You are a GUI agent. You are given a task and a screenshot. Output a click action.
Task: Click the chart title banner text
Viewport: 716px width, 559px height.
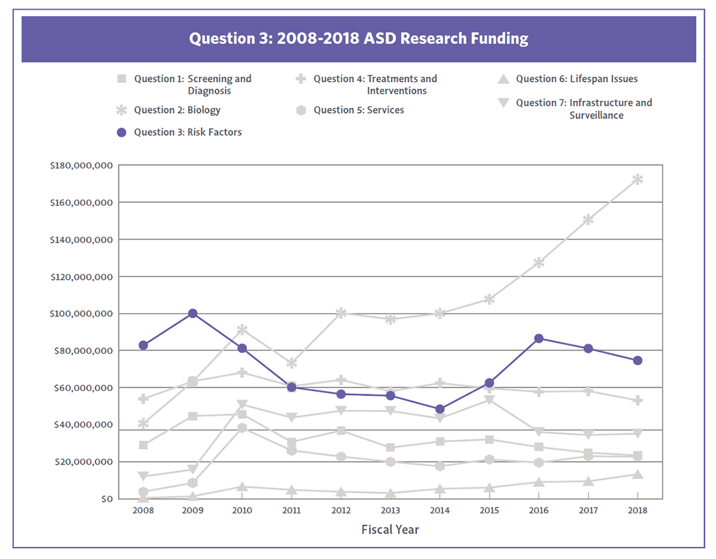pyautogui.click(x=359, y=38)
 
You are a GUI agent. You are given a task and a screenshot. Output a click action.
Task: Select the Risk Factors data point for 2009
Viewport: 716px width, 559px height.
pyautogui.click(x=193, y=314)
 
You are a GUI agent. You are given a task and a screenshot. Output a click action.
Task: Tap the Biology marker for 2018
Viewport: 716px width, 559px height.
pyautogui.click(x=638, y=180)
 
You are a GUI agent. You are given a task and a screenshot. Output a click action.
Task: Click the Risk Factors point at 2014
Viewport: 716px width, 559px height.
pyautogui.click(x=440, y=409)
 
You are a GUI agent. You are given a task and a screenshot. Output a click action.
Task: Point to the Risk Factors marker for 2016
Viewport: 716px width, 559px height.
pyautogui.click(x=539, y=338)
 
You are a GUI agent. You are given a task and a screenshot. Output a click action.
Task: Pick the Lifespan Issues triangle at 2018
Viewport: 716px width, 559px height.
pyautogui.click(x=638, y=474)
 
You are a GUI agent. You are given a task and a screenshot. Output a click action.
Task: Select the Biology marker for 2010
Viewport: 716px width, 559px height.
pyautogui.click(x=242, y=330)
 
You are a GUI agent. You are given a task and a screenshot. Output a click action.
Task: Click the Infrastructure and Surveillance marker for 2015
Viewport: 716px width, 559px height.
pyautogui.click(x=489, y=400)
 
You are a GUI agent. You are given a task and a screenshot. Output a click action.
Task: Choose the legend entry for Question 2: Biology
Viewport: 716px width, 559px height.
pyautogui.click(x=177, y=110)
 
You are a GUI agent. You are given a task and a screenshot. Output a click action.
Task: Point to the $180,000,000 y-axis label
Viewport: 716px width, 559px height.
pyautogui.click(x=81, y=166)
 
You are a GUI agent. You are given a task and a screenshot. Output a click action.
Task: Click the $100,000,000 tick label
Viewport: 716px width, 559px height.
pyautogui.click(x=81, y=314)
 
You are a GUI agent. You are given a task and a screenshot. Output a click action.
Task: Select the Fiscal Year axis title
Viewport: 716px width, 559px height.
pyautogui.click(x=390, y=530)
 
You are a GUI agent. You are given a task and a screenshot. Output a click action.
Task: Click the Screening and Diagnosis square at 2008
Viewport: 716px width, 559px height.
pyautogui.click(x=143, y=445)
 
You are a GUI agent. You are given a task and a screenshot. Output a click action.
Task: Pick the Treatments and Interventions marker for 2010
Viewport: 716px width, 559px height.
pyautogui.click(x=242, y=373)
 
